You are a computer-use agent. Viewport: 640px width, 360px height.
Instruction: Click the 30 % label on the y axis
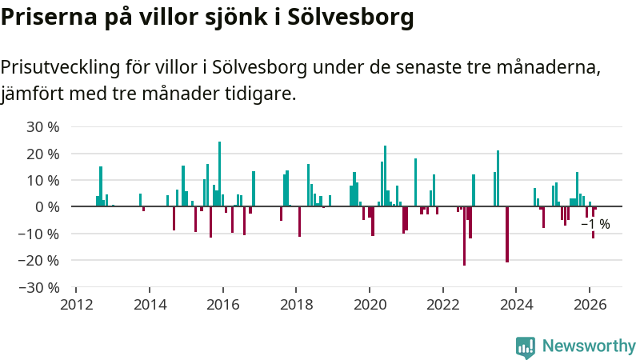tap(43, 126)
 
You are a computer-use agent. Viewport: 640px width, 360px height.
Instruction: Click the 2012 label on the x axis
tap(76, 304)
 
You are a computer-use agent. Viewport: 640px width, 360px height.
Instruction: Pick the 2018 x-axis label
tap(296, 304)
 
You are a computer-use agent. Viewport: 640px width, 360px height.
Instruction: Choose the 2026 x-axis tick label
tap(589, 304)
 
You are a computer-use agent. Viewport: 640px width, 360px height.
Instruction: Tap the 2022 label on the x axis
tap(442, 304)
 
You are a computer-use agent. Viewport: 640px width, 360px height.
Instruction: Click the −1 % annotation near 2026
tap(595, 225)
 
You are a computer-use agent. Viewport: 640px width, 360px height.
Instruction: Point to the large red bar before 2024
tap(506, 234)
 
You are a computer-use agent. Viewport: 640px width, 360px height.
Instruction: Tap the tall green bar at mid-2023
tap(498, 178)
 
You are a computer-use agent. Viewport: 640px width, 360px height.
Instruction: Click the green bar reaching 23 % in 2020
tap(385, 176)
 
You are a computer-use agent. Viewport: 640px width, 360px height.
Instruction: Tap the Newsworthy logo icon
tap(526, 346)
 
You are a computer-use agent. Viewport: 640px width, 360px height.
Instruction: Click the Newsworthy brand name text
tap(589, 346)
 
